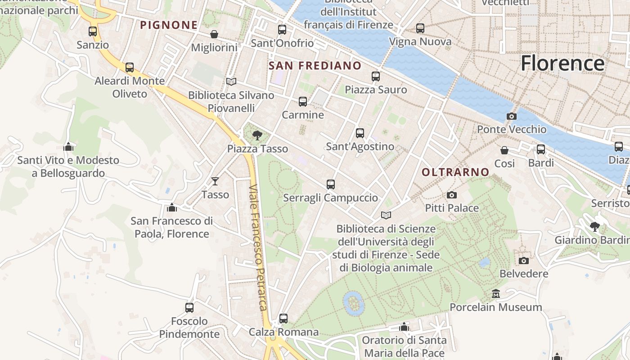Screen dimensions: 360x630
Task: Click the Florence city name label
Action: tap(562, 63)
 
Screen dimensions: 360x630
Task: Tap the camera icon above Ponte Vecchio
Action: tap(511, 117)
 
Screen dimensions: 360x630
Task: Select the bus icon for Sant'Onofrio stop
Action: tap(282, 30)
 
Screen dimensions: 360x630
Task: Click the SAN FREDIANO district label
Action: tap(315, 66)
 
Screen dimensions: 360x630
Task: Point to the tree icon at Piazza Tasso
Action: tap(257, 135)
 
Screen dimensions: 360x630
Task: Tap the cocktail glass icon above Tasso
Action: tap(215, 181)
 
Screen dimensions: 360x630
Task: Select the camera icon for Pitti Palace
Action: tap(452, 195)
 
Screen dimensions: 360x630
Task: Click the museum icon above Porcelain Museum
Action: tap(496, 294)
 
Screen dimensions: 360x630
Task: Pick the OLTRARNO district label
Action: tap(455, 172)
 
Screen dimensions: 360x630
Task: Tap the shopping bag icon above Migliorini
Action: tap(214, 34)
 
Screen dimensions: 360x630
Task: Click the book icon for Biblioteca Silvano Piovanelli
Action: tap(231, 82)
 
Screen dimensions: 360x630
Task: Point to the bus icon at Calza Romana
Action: tap(283, 319)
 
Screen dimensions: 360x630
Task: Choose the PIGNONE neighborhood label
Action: tap(169, 25)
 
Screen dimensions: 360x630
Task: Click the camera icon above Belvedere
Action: tap(523, 261)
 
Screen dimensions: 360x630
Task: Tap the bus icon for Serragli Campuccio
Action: tap(331, 184)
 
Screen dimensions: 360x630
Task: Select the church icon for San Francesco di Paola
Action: tap(171, 207)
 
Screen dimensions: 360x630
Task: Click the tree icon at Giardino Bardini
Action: tap(595, 226)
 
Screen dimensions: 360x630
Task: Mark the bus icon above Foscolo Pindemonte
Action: tap(189, 308)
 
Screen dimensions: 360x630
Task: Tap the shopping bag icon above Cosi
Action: tap(504, 150)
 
